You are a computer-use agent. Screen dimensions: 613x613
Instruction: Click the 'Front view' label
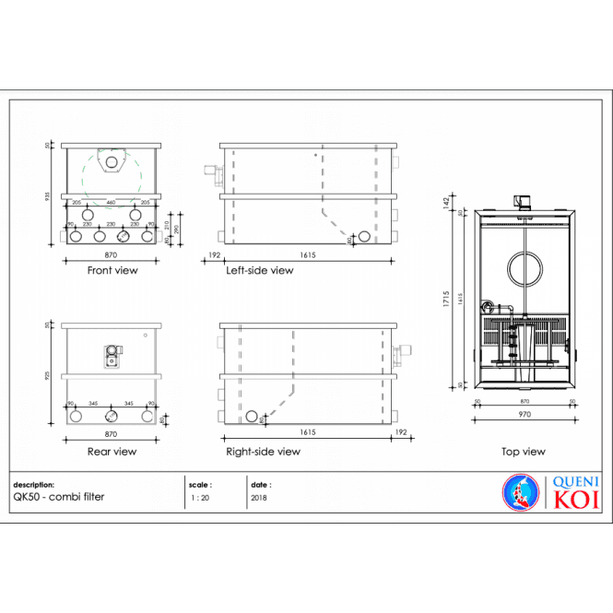click(112, 271)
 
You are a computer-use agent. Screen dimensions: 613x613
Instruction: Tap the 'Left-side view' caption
click(259, 271)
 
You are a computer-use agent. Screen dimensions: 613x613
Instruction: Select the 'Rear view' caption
click(112, 452)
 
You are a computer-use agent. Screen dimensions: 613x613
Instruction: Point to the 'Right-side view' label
click(263, 452)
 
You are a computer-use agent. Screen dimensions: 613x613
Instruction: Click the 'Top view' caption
click(523, 452)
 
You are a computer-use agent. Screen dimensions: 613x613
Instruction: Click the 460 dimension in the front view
click(111, 202)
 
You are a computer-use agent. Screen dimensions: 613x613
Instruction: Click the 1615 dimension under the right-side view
click(308, 431)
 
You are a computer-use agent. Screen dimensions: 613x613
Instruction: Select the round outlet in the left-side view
click(364, 237)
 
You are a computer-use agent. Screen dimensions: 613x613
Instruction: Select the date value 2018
click(259, 497)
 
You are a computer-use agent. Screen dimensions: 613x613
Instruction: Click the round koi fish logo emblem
click(519, 490)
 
